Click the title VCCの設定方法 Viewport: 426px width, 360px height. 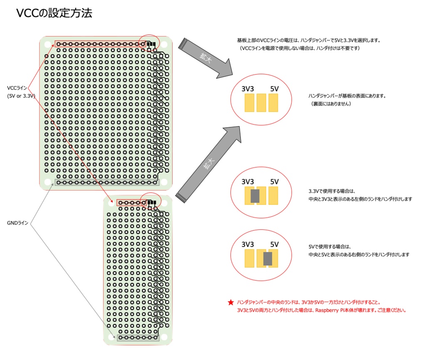54,13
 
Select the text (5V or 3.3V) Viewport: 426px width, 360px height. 21,96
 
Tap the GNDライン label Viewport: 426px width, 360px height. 17,223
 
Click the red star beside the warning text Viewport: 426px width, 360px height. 231,303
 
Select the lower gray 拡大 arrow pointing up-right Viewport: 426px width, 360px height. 208,164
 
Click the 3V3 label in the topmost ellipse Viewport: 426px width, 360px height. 248,89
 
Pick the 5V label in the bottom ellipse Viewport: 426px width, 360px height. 274,244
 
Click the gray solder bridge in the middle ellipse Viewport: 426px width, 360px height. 255,196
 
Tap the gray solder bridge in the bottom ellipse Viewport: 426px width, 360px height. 268,259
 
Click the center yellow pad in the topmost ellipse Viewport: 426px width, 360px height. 261,102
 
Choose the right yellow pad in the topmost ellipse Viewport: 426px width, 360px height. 273,102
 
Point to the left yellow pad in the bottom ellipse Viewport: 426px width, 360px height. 249,259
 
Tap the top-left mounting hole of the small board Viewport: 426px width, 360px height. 111,203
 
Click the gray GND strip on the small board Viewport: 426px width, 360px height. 138,338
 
